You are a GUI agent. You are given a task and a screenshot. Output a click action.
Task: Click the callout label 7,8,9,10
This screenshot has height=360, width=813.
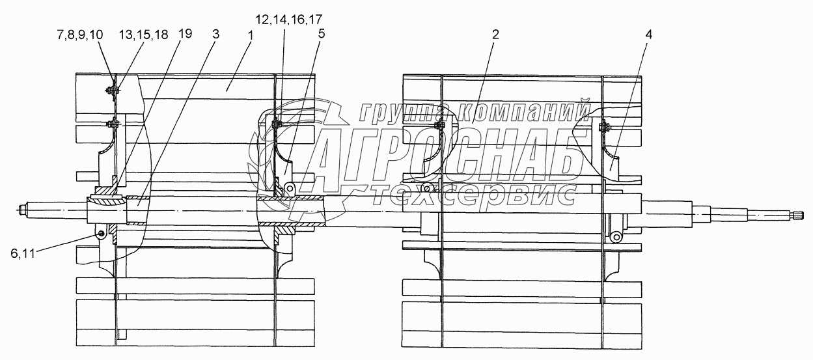pyautogui.click(x=80, y=35)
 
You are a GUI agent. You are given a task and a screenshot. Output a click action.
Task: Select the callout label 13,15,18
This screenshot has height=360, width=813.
pyautogui.click(x=144, y=35)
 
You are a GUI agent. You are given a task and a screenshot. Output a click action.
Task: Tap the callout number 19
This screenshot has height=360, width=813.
pyautogui.click(x=185, y=34)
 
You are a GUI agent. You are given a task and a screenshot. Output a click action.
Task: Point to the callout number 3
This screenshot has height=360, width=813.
pyautogui.click(x=215, y=35)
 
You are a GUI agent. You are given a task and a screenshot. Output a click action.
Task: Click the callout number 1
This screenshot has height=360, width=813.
pyautogui.click(x=250, y=35)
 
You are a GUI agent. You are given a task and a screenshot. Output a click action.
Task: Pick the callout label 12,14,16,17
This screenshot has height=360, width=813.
pyautogui.click(x=288, y=20)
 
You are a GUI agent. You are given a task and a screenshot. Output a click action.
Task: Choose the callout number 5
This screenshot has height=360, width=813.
pyautogui.click(x=321, y=34)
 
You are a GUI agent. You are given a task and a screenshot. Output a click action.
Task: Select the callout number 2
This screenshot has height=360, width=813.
pyautogui.click(x=495, y=35)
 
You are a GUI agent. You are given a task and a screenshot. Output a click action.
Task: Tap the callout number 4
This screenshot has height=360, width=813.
pyautogui.click(x=648, y=35)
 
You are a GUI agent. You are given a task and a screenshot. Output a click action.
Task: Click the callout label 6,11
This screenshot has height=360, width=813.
pyautogui.click(x=23, y=253)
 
